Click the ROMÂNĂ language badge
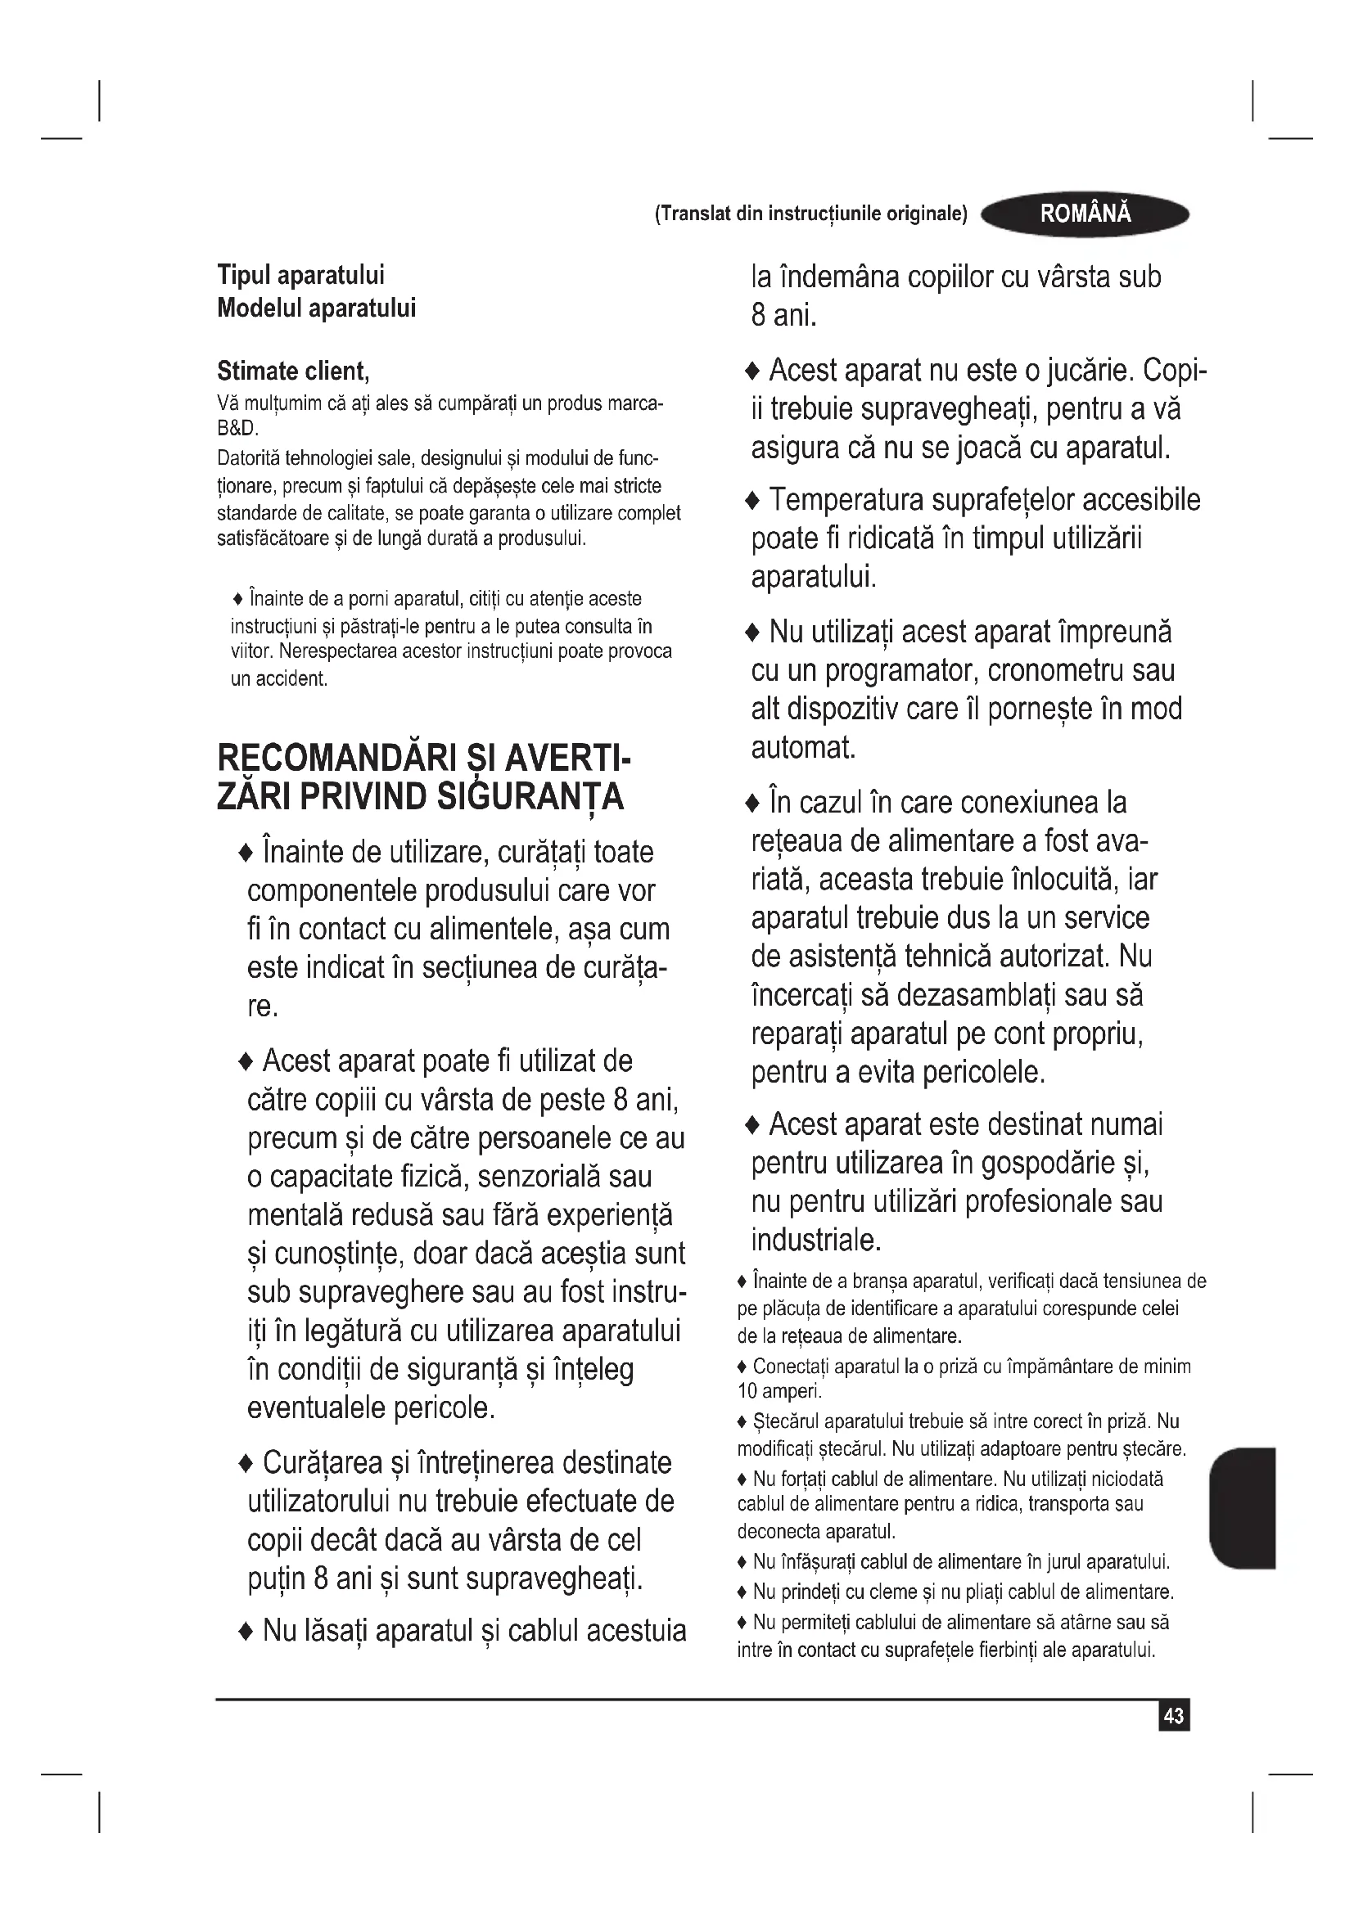click(1085, 214)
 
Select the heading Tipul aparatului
click(301, 275)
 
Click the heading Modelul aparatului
click(316, 308)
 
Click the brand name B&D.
click(237, 430)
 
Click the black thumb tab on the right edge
click(1243, 1508)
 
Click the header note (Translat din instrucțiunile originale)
click(810, 214)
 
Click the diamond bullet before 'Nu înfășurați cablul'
click(742, 1561)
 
